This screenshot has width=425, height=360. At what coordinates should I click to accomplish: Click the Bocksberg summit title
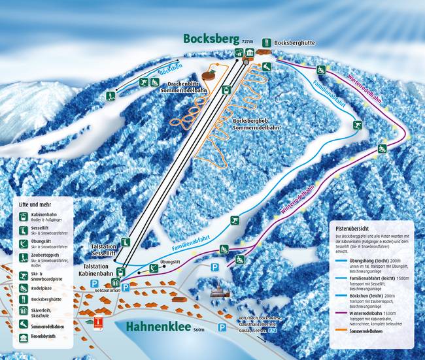(209, 39)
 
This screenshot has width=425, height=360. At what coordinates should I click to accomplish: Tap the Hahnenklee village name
(159, 327)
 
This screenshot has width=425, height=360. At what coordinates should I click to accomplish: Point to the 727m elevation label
(246, 41)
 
